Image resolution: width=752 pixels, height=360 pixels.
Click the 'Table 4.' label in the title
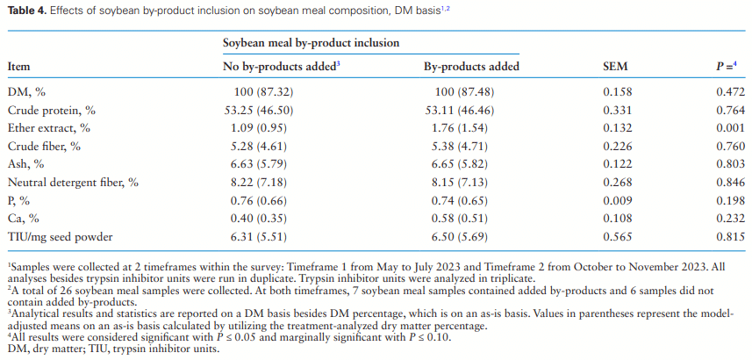click(x=27, y=10)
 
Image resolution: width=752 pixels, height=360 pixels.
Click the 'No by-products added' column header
click(x=281, y=66)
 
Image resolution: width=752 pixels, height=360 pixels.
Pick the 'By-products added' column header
click(x=471, y=66)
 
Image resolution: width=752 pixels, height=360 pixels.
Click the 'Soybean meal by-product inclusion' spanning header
click(x=311, y=42)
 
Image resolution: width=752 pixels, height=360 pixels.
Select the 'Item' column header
click(x=19, y=66)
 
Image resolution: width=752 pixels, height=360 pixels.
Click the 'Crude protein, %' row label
click(x=51, y=110)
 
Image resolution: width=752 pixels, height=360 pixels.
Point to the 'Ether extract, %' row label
click(x=48, y=127)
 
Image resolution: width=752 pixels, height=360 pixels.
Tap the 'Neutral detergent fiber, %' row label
click(x=74, y=183)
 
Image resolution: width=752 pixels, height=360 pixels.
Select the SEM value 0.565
click(x=617, y=237)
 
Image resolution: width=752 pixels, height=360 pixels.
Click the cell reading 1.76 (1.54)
click(x=471, y=127)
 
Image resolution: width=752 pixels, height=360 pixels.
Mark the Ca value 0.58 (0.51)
click(x=471, y=219)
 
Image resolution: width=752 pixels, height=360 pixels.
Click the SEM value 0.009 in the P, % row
click(x=617, y=200)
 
